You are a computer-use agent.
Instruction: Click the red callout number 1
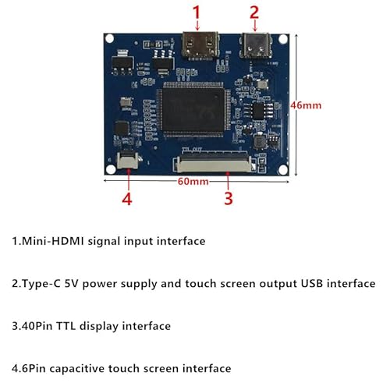point(197,12)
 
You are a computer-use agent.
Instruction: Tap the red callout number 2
point(254,12)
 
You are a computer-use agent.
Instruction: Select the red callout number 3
point(229,199)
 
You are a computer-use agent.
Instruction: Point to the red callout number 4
point(127,200)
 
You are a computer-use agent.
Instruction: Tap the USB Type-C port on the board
point(256,45)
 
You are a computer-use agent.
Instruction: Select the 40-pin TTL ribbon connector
point(213,163)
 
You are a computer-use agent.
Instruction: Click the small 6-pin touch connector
point(128,160)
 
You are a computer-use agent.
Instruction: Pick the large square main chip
point(193,110)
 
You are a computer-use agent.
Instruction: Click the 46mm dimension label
point(306,105)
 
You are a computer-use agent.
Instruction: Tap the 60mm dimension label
point(193,182)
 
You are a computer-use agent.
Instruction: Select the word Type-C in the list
point(41,283)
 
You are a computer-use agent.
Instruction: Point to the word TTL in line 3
point(66,326)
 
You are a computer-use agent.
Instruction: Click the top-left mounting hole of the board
point(110,38)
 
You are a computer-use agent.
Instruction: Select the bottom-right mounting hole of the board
point(283,170)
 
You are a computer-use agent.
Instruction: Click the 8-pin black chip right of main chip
point(258,111)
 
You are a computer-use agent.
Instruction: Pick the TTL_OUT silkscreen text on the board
point(192,150)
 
